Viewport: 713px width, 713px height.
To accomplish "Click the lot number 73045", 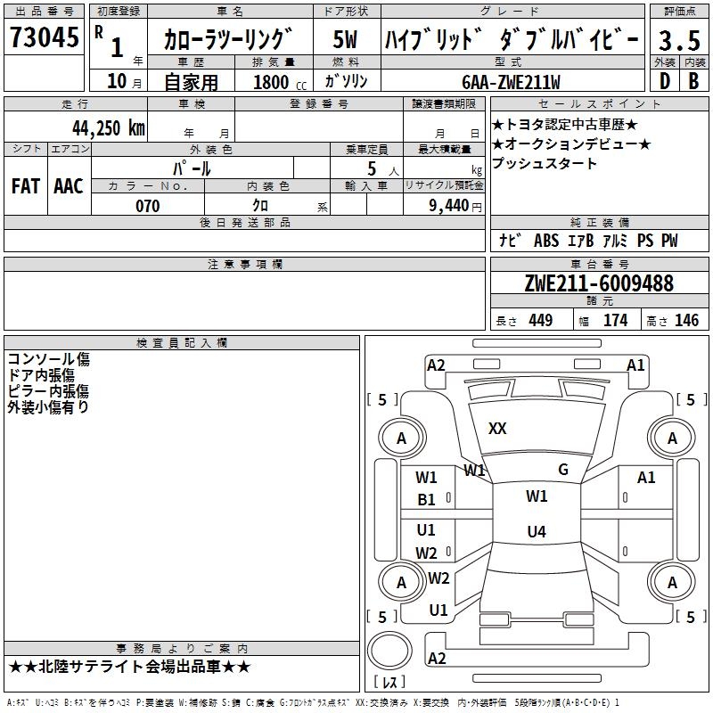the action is click(x=45, y=37).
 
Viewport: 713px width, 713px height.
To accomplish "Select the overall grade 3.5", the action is click(x=679, y=40).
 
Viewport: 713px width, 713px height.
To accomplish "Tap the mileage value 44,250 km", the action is click(x=109, y=128).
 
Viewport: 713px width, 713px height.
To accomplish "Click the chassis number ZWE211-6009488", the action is click(x=599, y=283).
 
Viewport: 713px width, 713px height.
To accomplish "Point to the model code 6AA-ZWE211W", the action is click(x=511, y=82).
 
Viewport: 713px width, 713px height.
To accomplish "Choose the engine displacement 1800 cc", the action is click(x=280, y=82).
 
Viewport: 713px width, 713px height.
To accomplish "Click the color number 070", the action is click(x=148, y=206).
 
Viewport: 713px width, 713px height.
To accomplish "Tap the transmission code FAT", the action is click(x=26, y=186).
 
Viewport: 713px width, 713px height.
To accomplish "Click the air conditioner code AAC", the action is click(x=69, y=186).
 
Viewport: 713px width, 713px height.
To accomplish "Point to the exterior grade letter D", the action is click(x=665, y=81).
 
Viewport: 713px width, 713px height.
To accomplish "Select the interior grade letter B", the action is click(x=693, y=81).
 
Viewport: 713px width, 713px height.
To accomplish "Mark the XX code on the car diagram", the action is click(x=497, y=429).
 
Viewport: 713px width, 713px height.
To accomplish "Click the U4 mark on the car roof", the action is click(x=537, y=531).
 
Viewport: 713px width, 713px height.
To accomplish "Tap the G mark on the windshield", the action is click(x=563, y=470).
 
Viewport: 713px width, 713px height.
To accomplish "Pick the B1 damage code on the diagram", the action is click(x=426, y=500).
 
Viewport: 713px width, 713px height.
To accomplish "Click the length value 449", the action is click(x=541, y=320).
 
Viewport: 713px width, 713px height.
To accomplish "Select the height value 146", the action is click(x=686, y=320).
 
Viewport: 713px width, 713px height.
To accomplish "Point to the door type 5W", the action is click(x=345, y=39).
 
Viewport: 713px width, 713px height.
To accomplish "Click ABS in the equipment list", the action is click(x=546, y=241).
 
